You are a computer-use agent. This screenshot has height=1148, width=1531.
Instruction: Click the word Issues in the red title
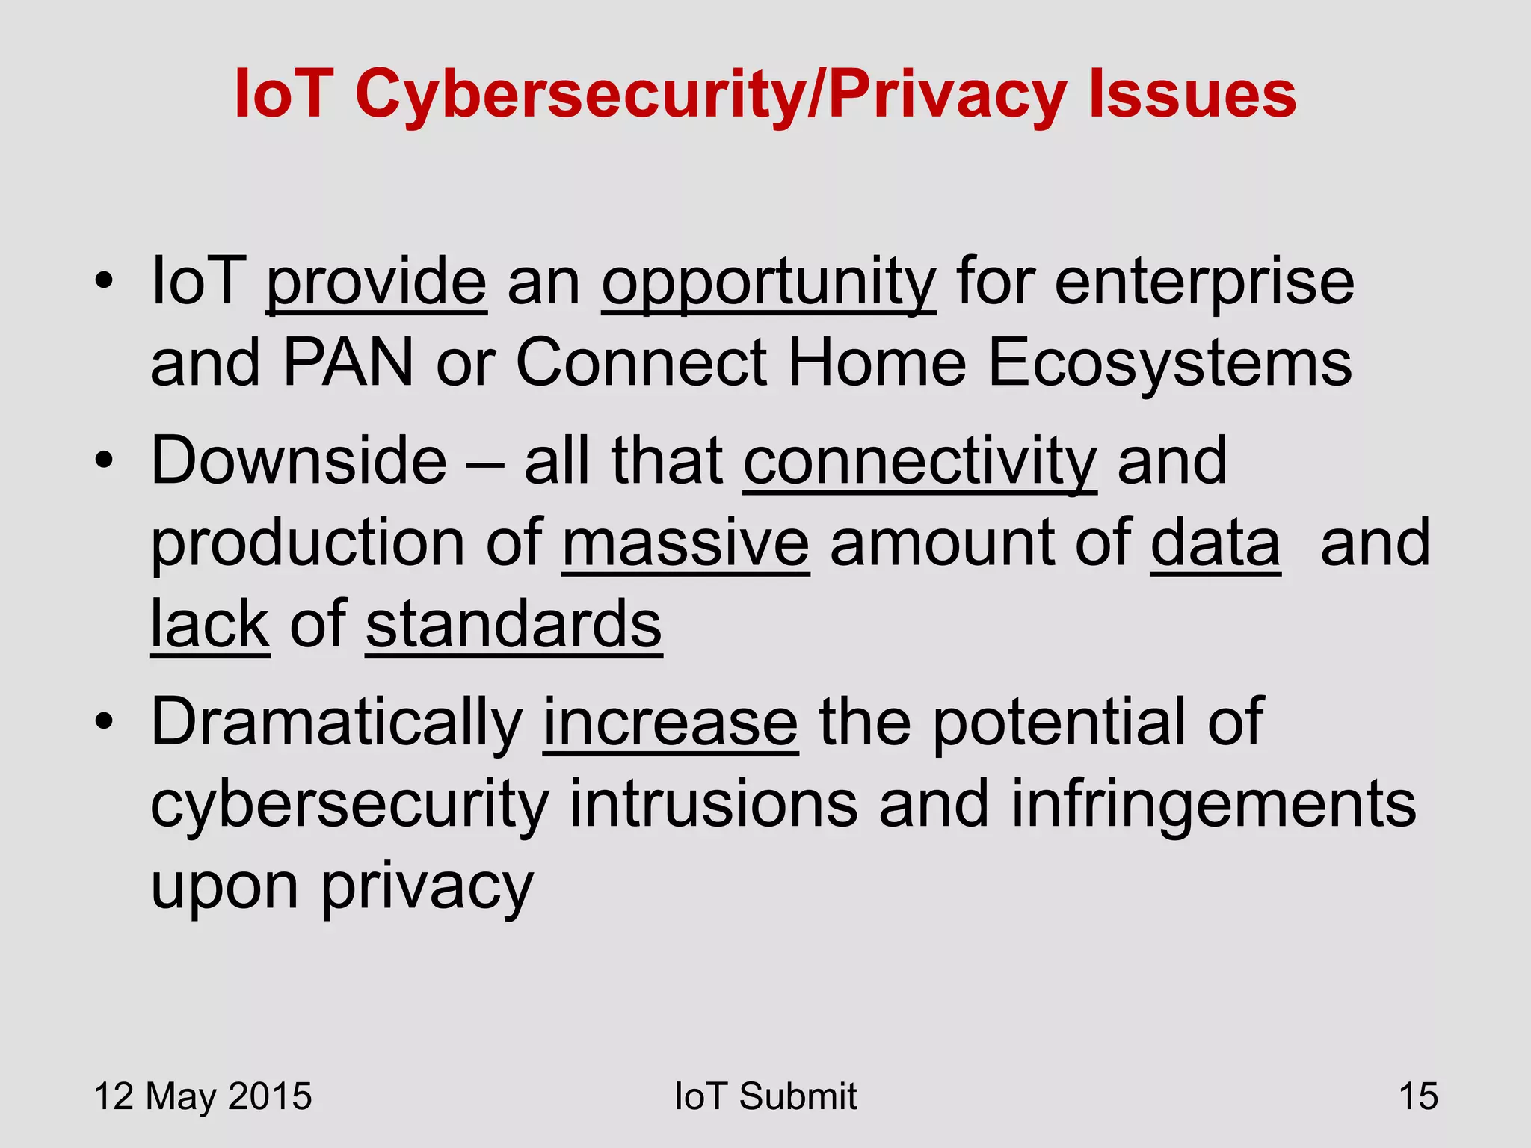1192,95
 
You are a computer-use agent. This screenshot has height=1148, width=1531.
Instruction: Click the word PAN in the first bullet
348,362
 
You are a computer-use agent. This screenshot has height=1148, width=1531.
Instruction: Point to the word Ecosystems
1170,362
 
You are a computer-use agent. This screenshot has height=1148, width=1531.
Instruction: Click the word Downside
299,461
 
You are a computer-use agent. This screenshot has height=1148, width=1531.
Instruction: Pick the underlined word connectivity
920,461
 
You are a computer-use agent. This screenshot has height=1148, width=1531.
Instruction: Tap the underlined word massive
686,543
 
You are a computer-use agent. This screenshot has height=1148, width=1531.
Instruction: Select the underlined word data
1216,543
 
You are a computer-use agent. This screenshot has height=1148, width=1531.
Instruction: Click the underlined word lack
210,625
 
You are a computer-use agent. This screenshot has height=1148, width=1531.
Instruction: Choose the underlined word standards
514,625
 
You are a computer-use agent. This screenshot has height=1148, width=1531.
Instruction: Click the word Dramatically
336,723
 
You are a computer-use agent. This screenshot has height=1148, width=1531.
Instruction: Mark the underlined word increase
671,723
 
